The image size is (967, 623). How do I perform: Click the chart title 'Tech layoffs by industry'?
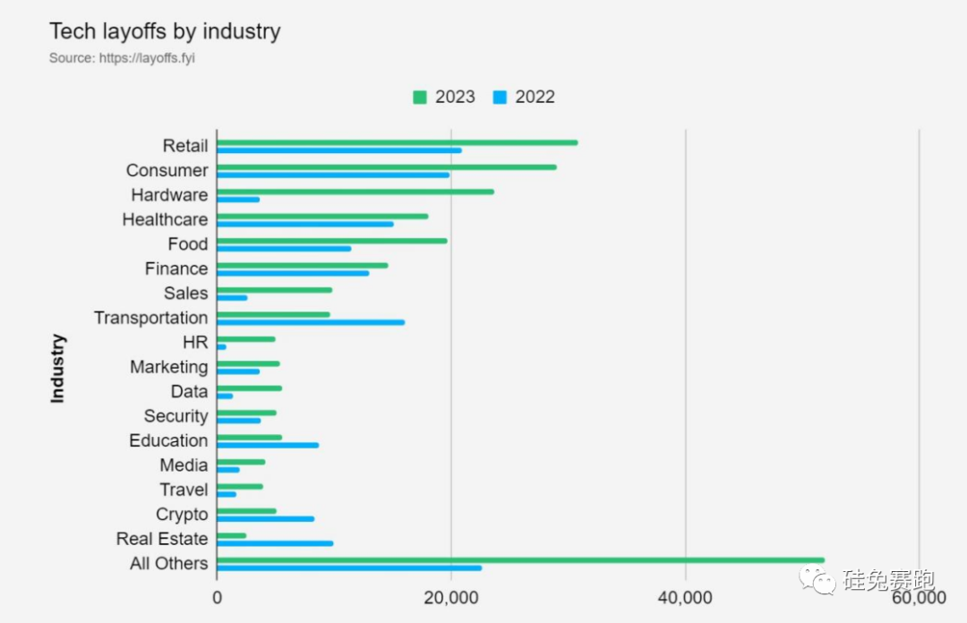pyautogui.click(x=165, y=31)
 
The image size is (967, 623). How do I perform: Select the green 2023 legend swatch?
pyautogui.click(x=419, y=97)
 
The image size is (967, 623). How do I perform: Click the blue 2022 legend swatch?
pyautogui.click(x=500, y=97)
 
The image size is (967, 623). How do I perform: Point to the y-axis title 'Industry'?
pyautogui.click(x=58, y=368)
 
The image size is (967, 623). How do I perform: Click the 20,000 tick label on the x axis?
pyautogui.click(x=451, y=597)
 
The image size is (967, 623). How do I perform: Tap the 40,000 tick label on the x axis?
pyautogui.click(x=685, y=597)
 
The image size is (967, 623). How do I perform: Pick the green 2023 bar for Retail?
pyautogui.click(x=397, y=142)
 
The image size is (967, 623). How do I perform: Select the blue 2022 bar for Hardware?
pyautogui.click(x=238, y=200)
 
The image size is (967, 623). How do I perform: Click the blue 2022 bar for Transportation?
pyautogui.click(x=311, y=322)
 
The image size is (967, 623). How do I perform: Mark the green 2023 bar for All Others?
pyautogui.click(x=520, y=560)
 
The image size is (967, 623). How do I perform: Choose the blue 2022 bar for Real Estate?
pyautogui.click(x=275, y=543)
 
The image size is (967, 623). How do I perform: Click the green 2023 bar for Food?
pyautogui.click(x=331, y=241)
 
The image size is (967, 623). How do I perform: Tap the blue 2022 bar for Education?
pyautogui.click(x=268, y=445)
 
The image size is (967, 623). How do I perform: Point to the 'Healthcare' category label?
pyautogui.click(x=165, y=219)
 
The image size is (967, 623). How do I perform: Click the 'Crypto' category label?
pyautogui.click(x=182, y=515)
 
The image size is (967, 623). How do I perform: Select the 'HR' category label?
pyautogui.click(x=195, y=342)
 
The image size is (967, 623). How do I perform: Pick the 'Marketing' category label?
pyautogui.click(x=168, y=367)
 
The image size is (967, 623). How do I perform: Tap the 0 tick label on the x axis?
pyautogui.click(x=217, y=597)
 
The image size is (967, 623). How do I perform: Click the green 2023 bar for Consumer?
pyautogui.click(x=386, y=166)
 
